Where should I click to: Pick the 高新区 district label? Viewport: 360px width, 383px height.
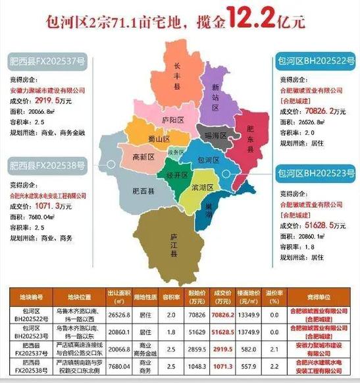[142, 157]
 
